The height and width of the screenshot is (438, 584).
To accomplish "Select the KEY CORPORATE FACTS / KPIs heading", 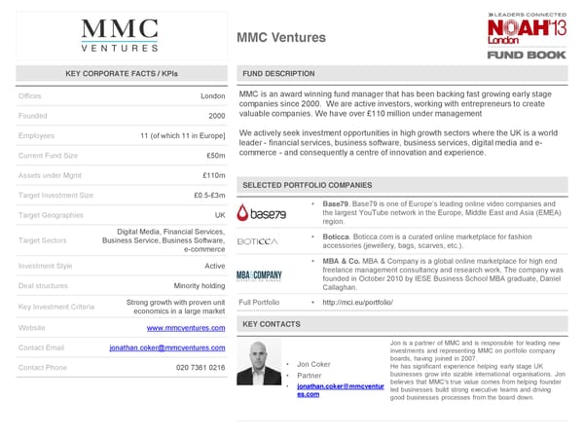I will click(122, 74).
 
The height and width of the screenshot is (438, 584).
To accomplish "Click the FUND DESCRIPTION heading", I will click(277, 74).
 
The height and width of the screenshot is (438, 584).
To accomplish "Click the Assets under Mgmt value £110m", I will click(213, 175).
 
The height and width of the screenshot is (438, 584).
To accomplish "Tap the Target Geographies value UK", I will click(219, 215).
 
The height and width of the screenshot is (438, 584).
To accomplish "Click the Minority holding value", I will click(200, 285).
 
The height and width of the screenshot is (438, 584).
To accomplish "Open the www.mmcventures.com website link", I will click(185, 328).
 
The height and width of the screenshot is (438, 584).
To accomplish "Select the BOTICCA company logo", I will click(258, 241).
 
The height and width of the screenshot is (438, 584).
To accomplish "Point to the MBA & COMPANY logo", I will click(259, 275).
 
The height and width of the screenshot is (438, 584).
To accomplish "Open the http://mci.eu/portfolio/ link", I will click(350, 303).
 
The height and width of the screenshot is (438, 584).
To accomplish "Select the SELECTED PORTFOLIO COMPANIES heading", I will click(307, 185).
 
